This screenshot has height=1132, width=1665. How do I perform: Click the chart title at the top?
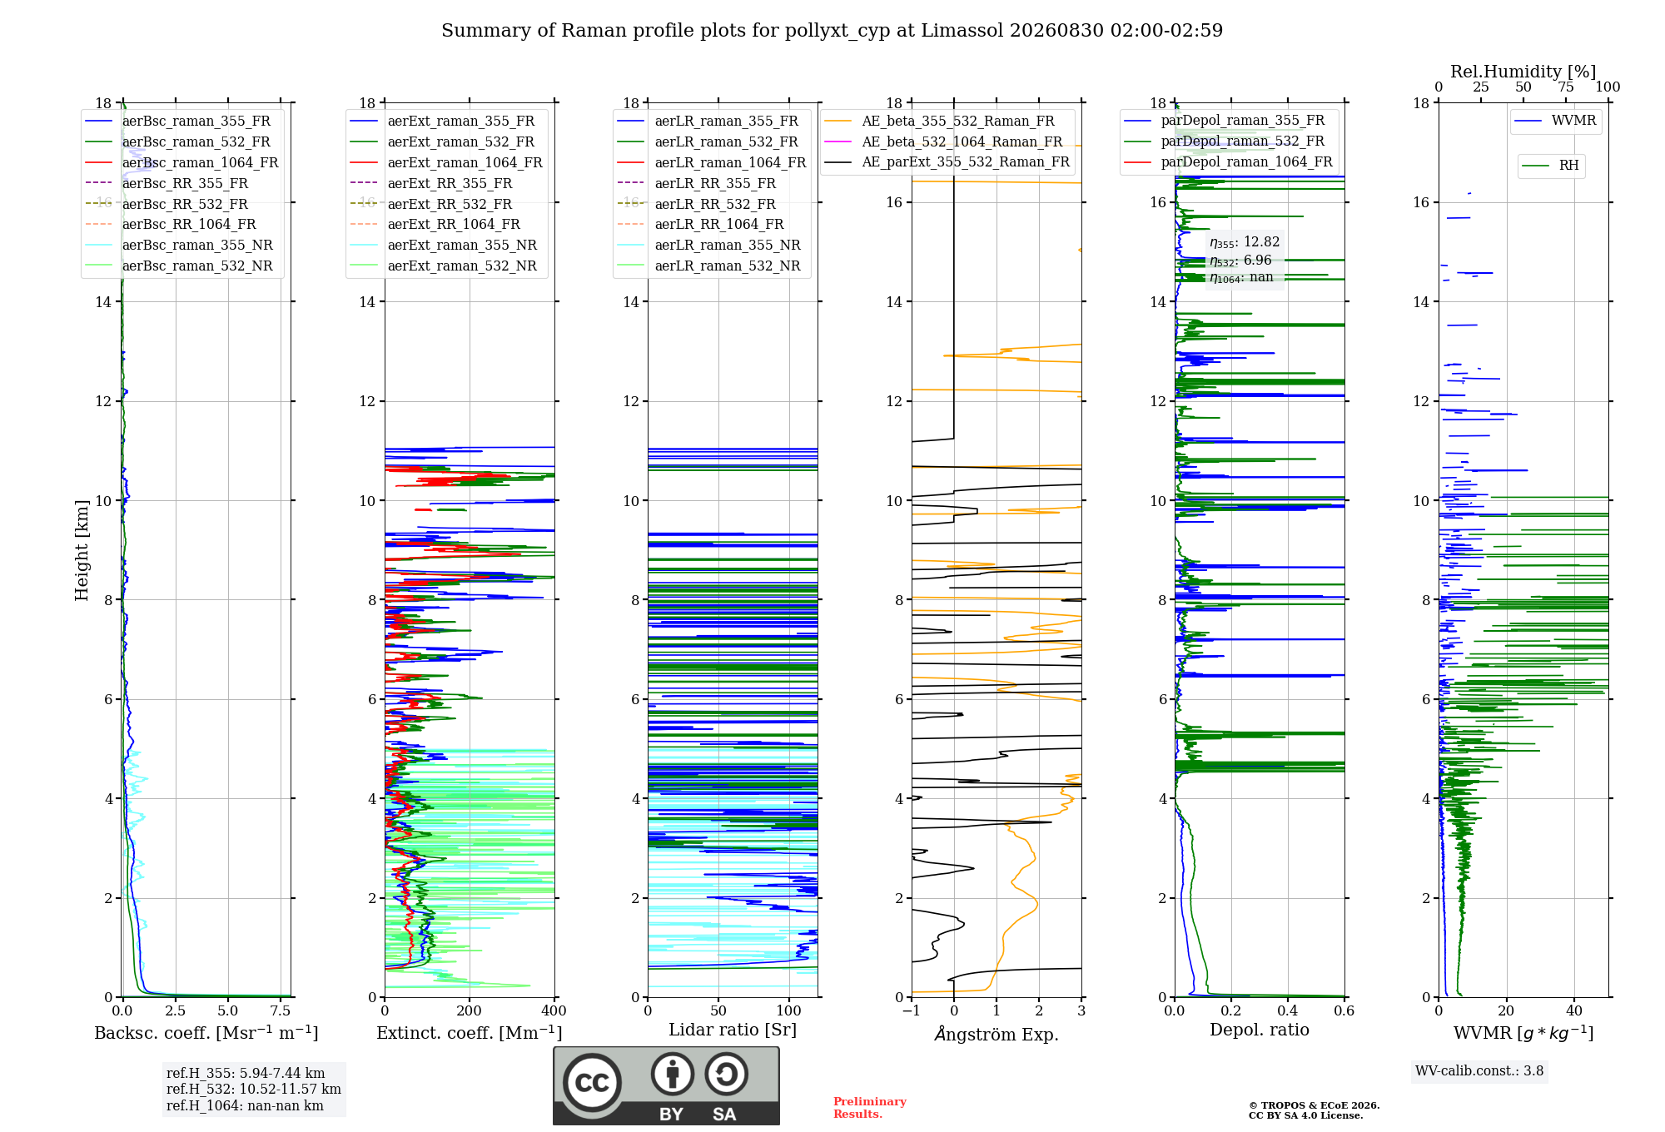832,31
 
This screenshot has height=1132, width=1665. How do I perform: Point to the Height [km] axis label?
82,550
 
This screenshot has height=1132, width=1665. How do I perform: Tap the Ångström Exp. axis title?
997,1034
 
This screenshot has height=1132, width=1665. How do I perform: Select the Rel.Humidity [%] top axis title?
1523,72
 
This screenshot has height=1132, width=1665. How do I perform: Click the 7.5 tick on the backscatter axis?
281,1011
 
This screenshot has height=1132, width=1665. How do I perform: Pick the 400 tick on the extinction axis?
554,1011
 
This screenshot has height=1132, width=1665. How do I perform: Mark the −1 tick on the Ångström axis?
912,1011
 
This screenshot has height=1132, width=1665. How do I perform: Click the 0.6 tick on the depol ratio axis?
1344,1011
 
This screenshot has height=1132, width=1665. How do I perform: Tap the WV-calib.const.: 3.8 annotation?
1479,1071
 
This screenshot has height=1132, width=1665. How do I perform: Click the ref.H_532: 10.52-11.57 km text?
254,1090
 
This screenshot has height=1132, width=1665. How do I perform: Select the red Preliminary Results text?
870,1108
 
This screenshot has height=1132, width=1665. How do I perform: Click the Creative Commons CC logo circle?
592,1083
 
